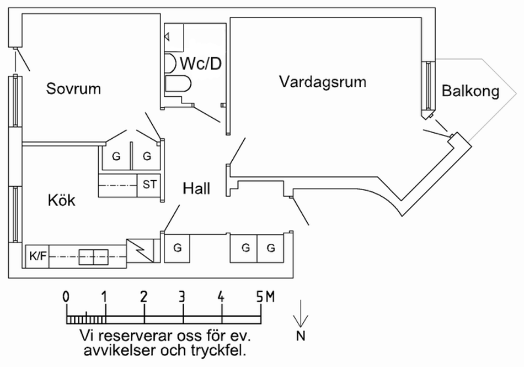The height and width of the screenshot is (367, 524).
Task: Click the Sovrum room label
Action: (73, 88)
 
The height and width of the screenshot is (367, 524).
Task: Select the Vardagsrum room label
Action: (323, 82)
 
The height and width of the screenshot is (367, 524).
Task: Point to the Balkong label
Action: (470, 91)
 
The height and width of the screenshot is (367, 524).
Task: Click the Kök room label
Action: (61, 200)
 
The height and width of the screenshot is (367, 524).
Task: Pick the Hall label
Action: (197, 189)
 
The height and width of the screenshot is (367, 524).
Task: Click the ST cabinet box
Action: (149, 185)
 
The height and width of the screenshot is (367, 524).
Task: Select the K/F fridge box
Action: (38, 256)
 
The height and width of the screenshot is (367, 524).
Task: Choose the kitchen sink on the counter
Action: (93, 256)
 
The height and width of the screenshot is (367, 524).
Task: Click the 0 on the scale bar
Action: (66, 297)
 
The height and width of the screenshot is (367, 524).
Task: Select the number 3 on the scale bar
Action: (183, 297)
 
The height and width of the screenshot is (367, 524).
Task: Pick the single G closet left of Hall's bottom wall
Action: (177, 248)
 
